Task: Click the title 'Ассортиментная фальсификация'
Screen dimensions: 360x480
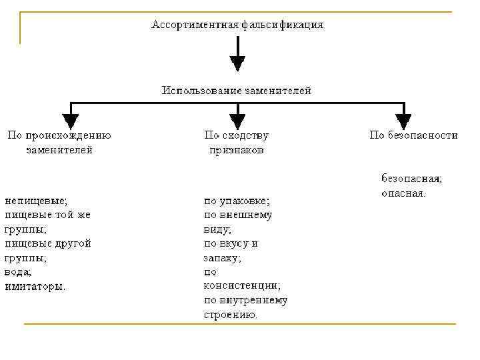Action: (237, 25)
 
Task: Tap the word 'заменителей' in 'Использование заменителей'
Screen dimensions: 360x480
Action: (276, 90)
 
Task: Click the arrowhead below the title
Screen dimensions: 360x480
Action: (237, 63)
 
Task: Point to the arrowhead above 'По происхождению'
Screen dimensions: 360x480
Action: (70, 121)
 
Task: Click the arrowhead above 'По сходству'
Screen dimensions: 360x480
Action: (237, 121)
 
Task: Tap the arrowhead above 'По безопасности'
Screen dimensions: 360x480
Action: (404, 121)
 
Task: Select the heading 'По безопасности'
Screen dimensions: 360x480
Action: (413, 135)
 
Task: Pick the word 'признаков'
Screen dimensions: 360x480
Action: (237, 151)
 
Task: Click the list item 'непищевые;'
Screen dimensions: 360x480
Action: (36, 200)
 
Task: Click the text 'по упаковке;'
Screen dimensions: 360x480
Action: (237, 200)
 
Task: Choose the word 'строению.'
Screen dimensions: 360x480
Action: (231, 315)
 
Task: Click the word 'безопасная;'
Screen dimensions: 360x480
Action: (411, 179)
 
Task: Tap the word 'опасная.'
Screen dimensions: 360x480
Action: (403, 193)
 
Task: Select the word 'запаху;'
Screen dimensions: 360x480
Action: (223, 257)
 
